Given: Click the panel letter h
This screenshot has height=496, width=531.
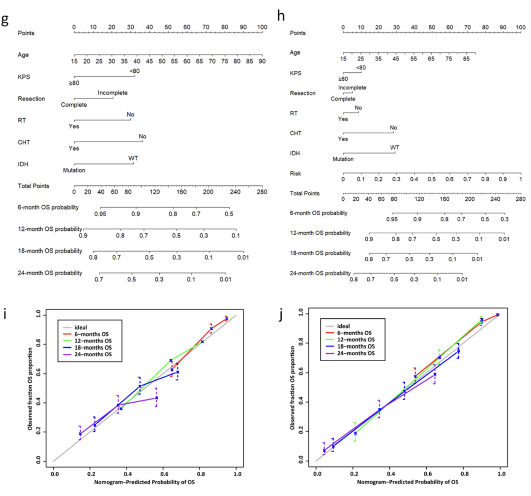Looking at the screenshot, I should click(281, 16).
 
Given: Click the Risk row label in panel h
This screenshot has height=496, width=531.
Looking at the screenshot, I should click(296, 174).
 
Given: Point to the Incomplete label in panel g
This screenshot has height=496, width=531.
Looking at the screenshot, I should click(113, 93).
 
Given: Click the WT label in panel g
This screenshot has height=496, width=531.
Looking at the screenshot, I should click(133, 158).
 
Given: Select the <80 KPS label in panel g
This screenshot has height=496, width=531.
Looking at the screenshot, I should click(135, 72).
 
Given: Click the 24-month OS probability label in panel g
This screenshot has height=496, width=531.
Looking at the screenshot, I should click(50, 272).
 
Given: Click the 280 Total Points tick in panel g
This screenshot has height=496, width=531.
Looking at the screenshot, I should click(262, 192).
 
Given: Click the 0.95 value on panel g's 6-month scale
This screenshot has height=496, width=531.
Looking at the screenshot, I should click(100, 214).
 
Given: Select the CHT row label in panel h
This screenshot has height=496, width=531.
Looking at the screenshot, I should click(295, 133).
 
